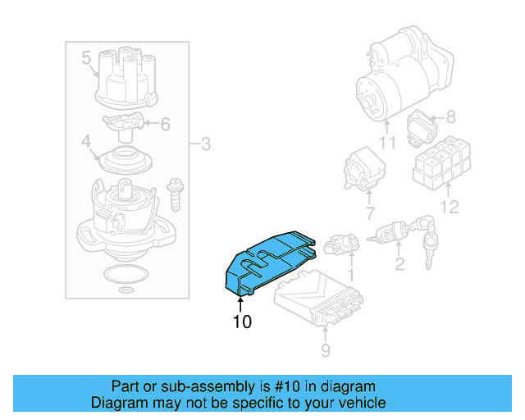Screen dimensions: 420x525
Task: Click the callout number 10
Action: click(x=241, y=322)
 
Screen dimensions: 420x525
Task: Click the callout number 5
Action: click(x=86, y=58)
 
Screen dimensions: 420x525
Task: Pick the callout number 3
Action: click(x=206, y=145)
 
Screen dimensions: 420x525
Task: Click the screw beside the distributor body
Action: click(x=174, y=194)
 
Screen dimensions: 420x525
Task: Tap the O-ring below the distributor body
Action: click(x=123, y=274)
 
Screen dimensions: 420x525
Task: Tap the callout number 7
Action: click(x=369, y=213)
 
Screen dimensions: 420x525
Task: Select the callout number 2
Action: click(x=399, y=263)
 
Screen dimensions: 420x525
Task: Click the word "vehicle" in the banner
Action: click(x=359, y=403)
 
